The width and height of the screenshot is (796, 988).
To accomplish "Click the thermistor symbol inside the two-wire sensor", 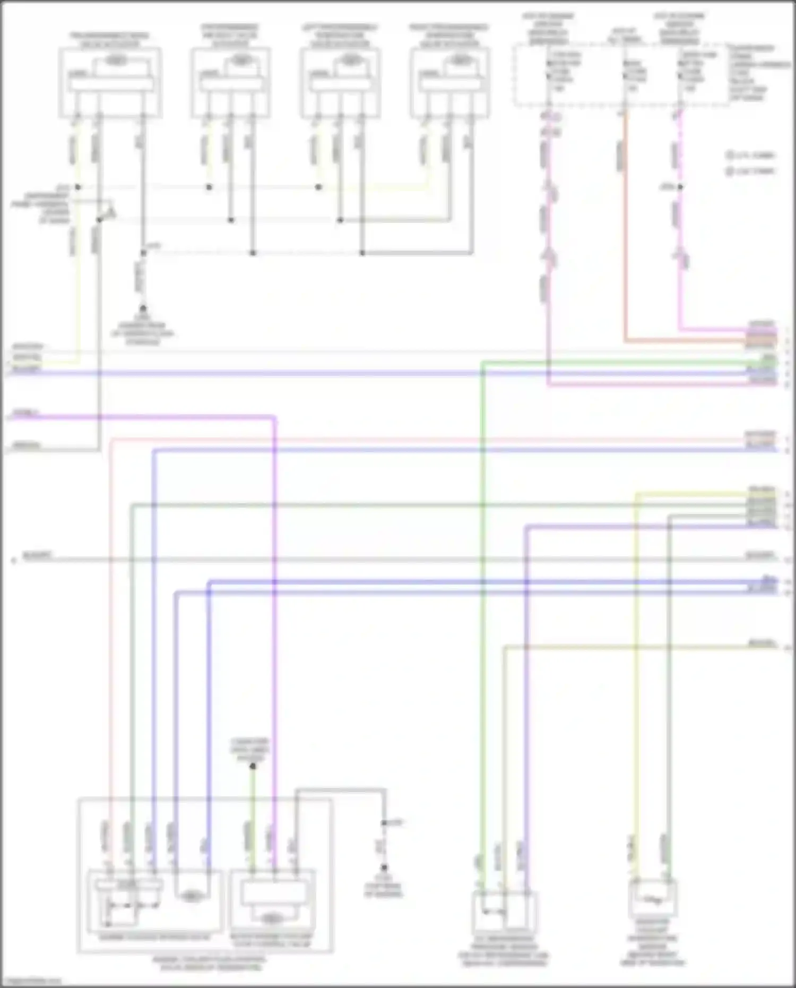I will tap(652, 899).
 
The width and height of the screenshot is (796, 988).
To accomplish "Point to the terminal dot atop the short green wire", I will tap(253, 766).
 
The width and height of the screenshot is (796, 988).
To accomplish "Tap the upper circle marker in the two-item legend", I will tap(730, 156).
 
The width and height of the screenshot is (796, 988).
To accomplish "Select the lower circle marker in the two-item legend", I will tap(730, 171).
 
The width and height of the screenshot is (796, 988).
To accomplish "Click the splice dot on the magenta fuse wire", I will tap(680, 187).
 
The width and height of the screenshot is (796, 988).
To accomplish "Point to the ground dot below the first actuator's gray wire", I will tap(143, 308).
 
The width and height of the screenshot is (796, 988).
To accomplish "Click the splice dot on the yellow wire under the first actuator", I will tap(78, 187).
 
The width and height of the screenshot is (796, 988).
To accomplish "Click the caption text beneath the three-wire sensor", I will tap(504, 953).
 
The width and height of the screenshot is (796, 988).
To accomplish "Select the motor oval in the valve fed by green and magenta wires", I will tap(272, 918).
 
